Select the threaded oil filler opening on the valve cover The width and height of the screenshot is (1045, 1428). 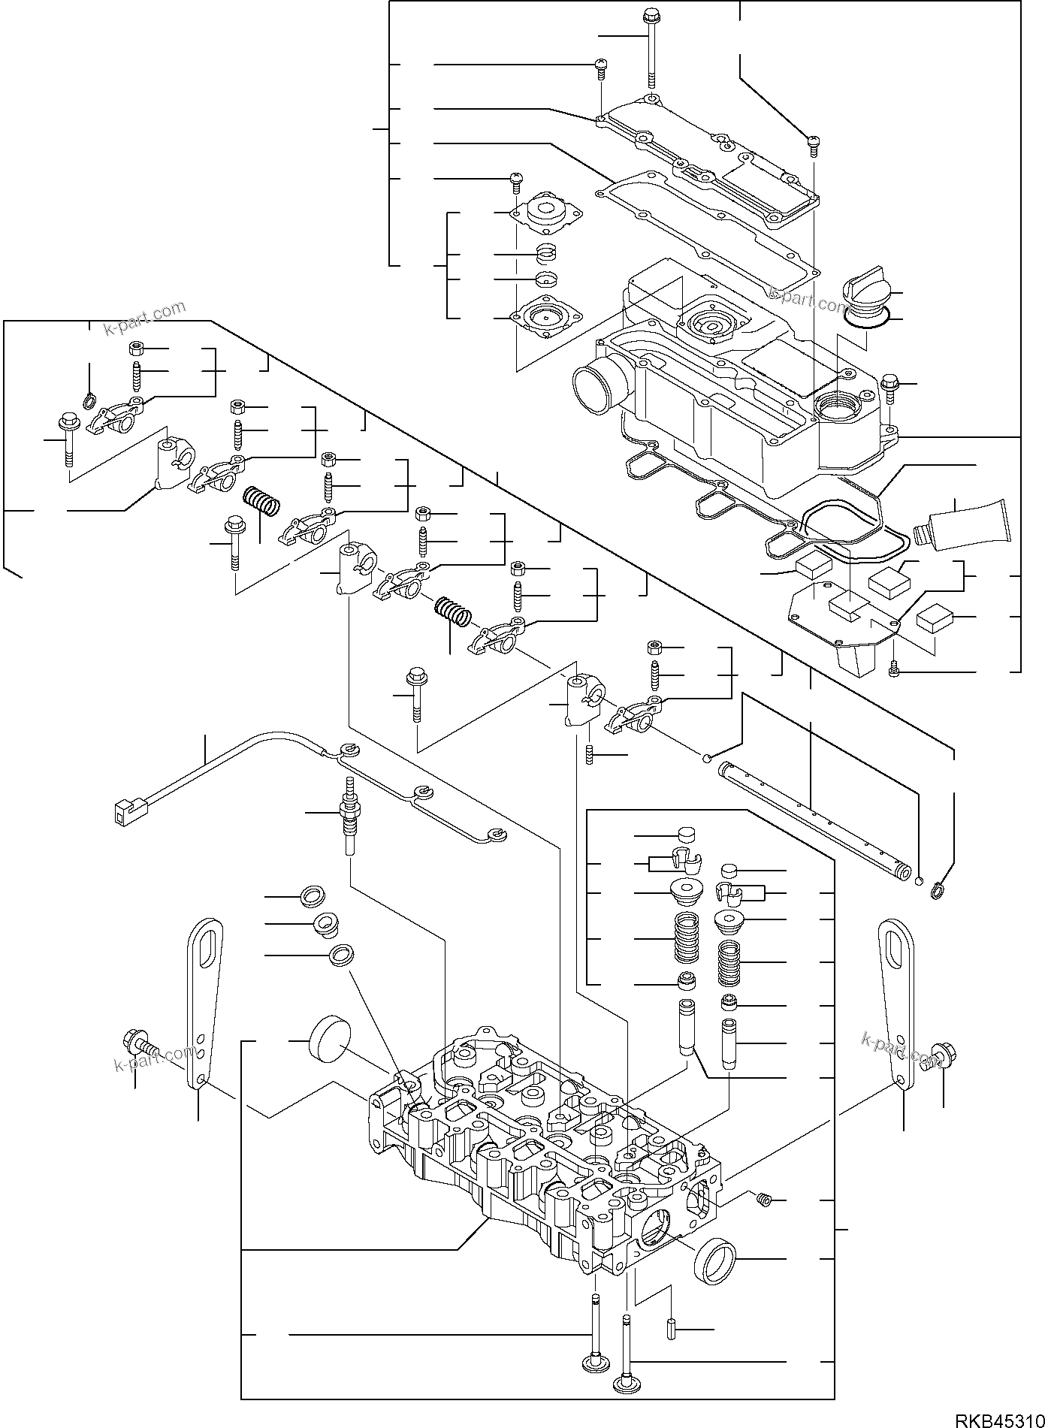click(836, 407)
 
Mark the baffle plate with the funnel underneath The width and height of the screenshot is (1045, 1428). click(843, 623)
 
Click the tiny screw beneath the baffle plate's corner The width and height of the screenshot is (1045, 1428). click(894, 668)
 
